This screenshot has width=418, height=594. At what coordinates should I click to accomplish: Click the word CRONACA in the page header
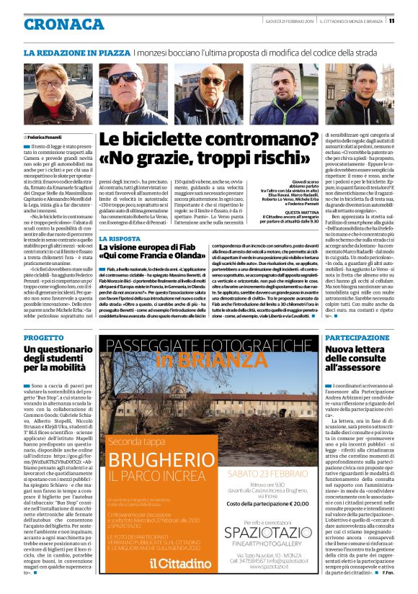pos(63,24)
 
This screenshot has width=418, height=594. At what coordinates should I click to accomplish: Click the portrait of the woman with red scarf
pos(58,92)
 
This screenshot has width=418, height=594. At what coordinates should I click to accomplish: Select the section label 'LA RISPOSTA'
pos(120,238)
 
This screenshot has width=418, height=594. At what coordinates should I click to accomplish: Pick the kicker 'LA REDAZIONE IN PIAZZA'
pos(76,53)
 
